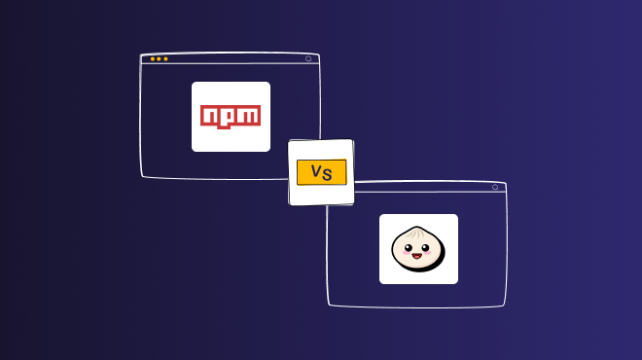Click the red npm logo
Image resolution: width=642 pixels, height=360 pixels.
[x=231, y=117]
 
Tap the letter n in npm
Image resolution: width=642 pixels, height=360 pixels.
[x=210, y=117]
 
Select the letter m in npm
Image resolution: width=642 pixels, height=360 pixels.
[x=249, y=117]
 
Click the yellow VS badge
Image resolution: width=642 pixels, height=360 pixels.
[x=321, y=172]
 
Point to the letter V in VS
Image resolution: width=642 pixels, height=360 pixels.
[x=315, y=172]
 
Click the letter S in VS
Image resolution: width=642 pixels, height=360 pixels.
[x=328, y=173]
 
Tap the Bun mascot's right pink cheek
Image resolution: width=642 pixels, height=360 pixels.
[x=434, y=260]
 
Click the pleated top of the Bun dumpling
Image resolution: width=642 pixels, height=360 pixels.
[x=418, y=234]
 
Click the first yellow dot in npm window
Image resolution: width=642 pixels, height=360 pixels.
[x=152, y=59]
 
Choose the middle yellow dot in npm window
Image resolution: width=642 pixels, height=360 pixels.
[x=159, y=59]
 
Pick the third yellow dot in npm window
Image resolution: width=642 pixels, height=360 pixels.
[x=165, y=59]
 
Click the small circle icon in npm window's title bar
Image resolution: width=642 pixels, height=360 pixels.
[x=308, y=58]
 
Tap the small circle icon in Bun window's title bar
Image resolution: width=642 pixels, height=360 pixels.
[x=494, y=187]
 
